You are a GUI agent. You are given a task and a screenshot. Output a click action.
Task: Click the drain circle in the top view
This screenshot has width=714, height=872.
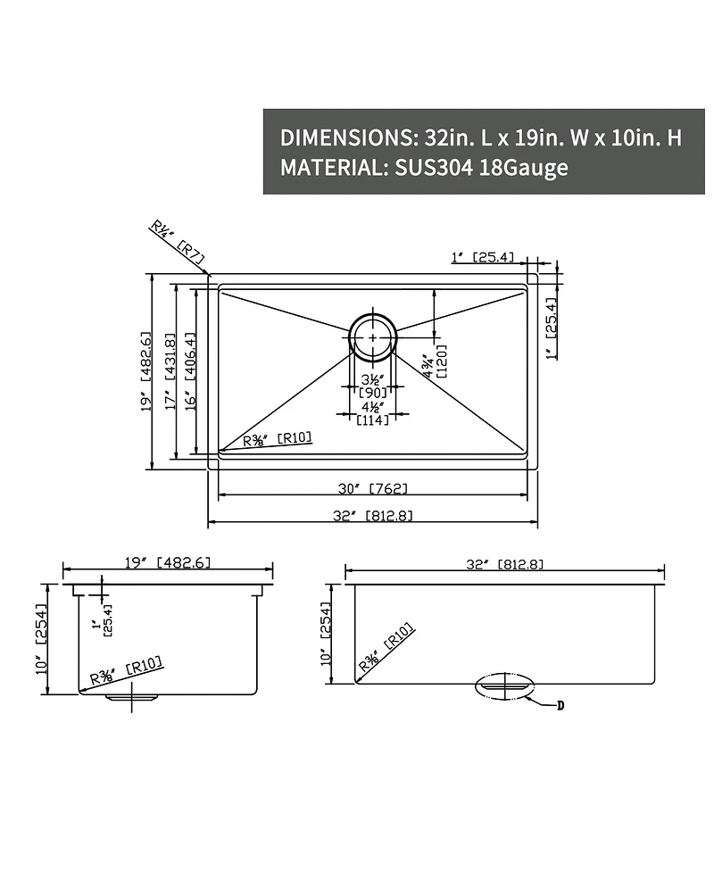[371, 336]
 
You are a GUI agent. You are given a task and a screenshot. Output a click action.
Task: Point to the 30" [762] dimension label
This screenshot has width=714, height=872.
[372, 488]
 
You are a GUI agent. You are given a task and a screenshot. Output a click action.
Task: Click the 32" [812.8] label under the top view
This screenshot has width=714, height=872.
[372, 516]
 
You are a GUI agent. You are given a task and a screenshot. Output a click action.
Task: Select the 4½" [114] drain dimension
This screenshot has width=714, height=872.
[372, 414]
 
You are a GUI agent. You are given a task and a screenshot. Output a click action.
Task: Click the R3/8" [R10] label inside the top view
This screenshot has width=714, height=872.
[277, 438]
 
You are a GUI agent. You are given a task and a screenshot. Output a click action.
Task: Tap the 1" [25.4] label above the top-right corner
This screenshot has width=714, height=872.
[483, 257]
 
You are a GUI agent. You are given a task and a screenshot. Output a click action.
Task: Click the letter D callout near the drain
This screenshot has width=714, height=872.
[560, 705]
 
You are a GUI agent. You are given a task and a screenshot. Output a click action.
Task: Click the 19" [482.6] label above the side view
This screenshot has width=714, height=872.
[168, 562]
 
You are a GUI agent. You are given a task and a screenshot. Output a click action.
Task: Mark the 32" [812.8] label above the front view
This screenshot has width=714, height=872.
[505, 564]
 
